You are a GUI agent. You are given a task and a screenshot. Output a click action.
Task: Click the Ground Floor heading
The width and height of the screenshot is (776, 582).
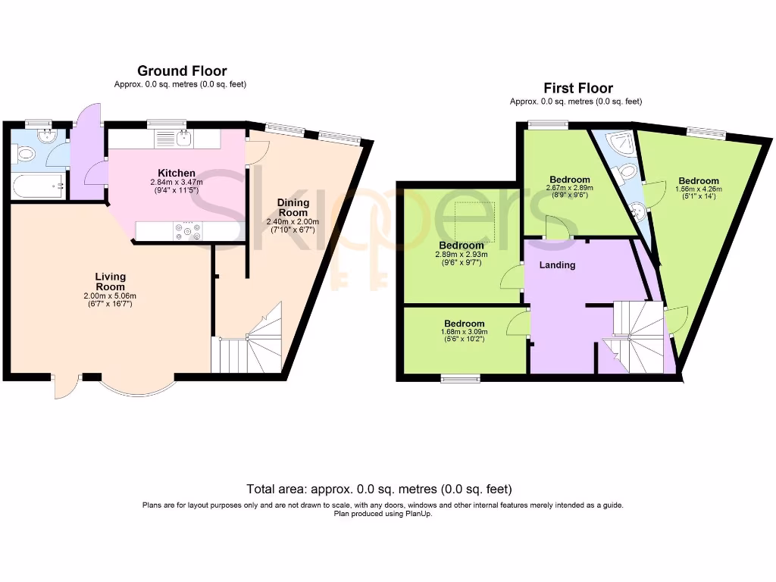(x=182, y=71)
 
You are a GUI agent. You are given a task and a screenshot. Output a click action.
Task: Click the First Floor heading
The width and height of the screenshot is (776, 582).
(x=577, y=88)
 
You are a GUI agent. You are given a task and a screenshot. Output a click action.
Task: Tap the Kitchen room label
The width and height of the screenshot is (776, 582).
(x=177, y=173)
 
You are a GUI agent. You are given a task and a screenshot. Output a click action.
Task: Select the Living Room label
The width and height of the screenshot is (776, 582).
(x=110, y=281)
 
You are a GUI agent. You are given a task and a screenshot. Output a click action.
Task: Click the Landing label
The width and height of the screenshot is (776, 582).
(x=557, y=264)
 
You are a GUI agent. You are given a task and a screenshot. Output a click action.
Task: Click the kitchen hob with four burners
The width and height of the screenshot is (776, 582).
(x=186, y=230)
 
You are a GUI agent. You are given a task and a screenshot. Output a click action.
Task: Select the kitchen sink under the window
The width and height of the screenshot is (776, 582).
(x=182, y=138)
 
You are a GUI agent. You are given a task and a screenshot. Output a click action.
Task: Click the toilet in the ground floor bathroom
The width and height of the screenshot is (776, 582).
(x=25, y=155)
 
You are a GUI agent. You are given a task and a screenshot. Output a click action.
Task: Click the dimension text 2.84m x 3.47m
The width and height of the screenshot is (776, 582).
(x=177, y=183)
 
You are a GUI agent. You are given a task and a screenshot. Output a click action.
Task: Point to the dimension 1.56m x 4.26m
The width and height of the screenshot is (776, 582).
(x=698, y=191)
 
